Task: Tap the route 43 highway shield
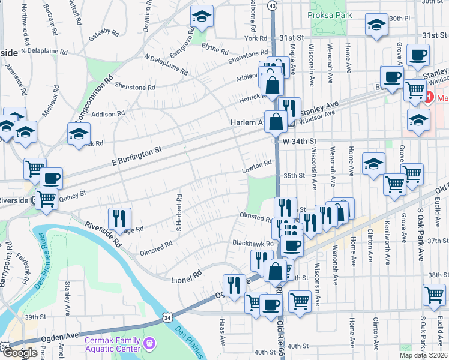pos(273,5)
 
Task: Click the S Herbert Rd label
pos(178,212)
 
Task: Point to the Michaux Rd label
pos(50,104)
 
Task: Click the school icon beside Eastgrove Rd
pos(202,17)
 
